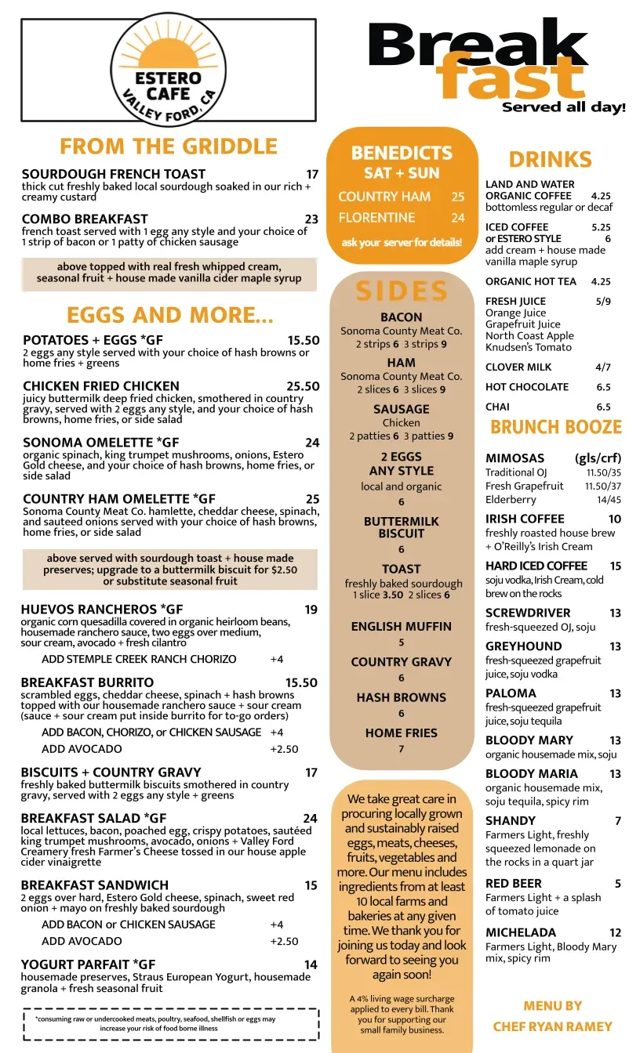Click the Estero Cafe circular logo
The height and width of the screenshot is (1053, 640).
click(168, 70)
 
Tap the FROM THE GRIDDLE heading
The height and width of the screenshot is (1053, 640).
click(168, 147)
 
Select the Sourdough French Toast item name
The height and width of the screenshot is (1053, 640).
click(114, 174)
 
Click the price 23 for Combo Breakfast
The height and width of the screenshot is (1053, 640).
click(311, 219)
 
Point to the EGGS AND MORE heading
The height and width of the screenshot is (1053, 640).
click(169, 315)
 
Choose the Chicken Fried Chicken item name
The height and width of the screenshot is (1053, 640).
click(101, 386)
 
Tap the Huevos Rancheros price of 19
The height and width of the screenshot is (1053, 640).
click(311, 610)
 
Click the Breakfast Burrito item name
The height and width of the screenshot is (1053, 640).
click(87, 682)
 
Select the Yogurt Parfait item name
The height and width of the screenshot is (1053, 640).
click(88, 964)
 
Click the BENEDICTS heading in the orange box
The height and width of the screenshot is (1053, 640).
click(402, 153)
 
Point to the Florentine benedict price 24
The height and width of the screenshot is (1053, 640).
click(458, 218)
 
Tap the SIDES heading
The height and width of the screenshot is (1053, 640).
click(402, 291)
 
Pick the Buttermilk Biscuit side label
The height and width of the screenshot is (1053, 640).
click(402, 527)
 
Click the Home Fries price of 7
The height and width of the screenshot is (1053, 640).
click(402, 749)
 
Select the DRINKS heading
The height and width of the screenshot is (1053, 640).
click(550, 160)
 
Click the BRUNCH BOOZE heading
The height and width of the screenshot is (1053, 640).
click(555, 427)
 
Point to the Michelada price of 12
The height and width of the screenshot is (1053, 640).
click(615, 932)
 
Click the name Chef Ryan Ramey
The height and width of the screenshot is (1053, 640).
click(552, 1026)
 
